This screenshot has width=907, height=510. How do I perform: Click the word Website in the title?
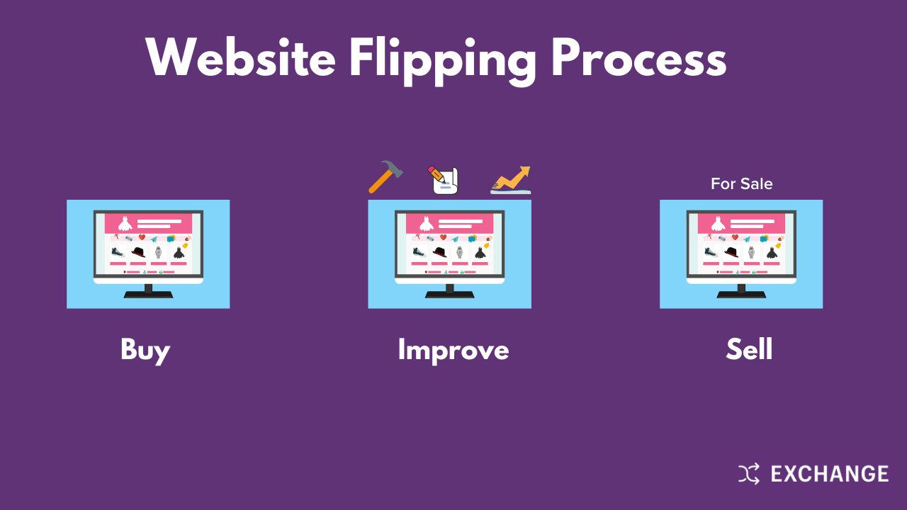click(x=240, y=58)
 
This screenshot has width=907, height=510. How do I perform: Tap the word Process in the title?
click(x=638, y=58)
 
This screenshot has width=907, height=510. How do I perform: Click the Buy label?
click(x=145, y=350)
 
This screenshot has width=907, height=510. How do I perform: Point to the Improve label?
click(x=453, y=350)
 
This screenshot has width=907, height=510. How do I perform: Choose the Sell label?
click(x=749, y=350)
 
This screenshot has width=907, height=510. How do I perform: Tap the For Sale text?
click(x=741, y=184)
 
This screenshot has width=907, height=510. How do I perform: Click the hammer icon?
click(x=385, y=176)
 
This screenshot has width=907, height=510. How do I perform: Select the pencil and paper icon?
click(x=444, y=180)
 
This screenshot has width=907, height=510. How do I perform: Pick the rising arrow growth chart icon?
click(x=511, y=180)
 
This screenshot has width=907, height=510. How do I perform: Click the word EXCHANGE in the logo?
click(x=829, y=473)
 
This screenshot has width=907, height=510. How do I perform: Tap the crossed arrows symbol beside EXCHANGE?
click(x=749, y=473)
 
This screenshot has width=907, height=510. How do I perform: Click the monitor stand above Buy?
click(x=148, y=290)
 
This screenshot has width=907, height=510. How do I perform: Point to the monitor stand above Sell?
click(x=741, y=290)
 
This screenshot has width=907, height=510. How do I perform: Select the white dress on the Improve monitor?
click(x=427, y=223)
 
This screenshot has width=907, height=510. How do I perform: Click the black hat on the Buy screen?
click(x=138, y=251)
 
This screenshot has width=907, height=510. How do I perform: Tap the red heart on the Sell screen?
click(x=735, y=237)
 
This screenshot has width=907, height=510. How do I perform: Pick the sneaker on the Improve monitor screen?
click(x=419, y=251)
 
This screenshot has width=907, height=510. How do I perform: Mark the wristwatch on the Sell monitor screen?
click(x=751, y=252)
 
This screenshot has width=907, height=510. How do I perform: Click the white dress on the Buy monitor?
click(x=125, y=223)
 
